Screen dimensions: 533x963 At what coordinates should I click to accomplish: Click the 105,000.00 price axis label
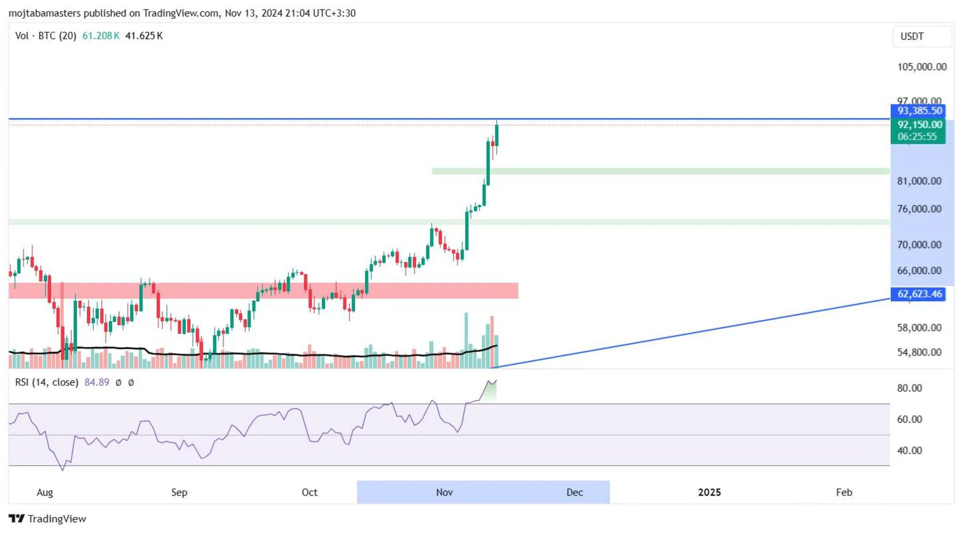(x=921, y=67)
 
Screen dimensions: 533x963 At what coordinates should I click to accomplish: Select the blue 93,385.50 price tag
(x=919, y=111)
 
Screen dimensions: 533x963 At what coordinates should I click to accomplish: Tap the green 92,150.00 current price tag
(x=919, y=125)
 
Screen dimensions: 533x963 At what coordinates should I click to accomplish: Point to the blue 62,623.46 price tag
(x=919, y=294)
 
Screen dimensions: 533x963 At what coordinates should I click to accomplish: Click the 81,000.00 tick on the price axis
(x=919, y=181)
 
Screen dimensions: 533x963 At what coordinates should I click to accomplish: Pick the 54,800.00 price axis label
(x=919, y=352)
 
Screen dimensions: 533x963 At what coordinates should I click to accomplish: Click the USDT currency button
(x=922, y=36)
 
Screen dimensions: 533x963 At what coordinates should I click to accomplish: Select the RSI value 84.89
(x=97, y=382)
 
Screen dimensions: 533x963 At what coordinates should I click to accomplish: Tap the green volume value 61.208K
(x=101, y=36)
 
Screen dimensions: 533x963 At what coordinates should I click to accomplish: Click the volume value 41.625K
(x=144, y=36)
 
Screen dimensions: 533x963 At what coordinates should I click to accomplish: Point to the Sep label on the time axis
(x=179, y=492)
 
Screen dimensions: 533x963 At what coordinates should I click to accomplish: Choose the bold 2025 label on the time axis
(x=709, y=492)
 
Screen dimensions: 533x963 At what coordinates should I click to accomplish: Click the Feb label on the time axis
(x=844, y=492)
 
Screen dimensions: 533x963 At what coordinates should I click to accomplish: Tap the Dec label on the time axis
(x=574, y=492)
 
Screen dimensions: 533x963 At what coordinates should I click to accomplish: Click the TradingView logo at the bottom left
(x=48, y=518)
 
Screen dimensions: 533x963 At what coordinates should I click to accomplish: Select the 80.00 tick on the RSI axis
(x=909, y=388)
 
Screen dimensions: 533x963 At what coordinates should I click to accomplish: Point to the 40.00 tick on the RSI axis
(x=909, y=450)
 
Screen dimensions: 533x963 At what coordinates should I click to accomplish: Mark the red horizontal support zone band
(x=263, y=291)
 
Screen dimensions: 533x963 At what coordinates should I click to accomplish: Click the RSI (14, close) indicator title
(x=47, y=382)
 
